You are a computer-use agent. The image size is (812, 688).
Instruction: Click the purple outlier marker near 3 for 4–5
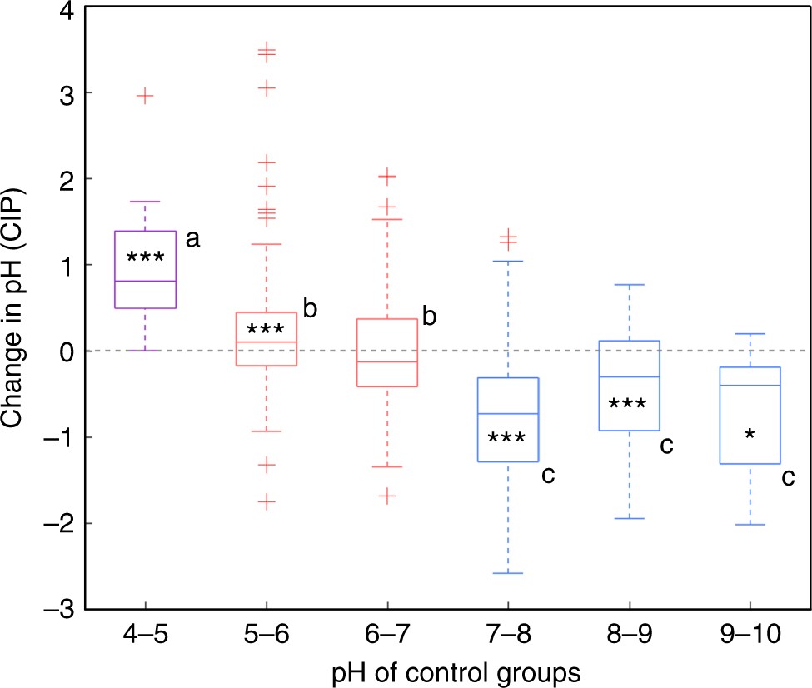point(145,96)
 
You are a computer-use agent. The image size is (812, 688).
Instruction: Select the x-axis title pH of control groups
point(447,671)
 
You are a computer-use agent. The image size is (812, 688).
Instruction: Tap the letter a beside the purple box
point(192,240)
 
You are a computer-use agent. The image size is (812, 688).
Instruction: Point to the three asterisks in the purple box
point(145,258)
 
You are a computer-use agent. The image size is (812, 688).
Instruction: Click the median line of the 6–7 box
point(387,361)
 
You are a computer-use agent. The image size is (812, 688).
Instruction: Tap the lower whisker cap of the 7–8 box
point(508,573)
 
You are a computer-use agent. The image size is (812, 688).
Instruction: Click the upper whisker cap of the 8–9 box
point(630,285)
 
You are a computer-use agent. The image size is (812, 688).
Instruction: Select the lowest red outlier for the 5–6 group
point(266,501)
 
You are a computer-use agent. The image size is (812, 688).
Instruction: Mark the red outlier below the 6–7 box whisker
point(387,496)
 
